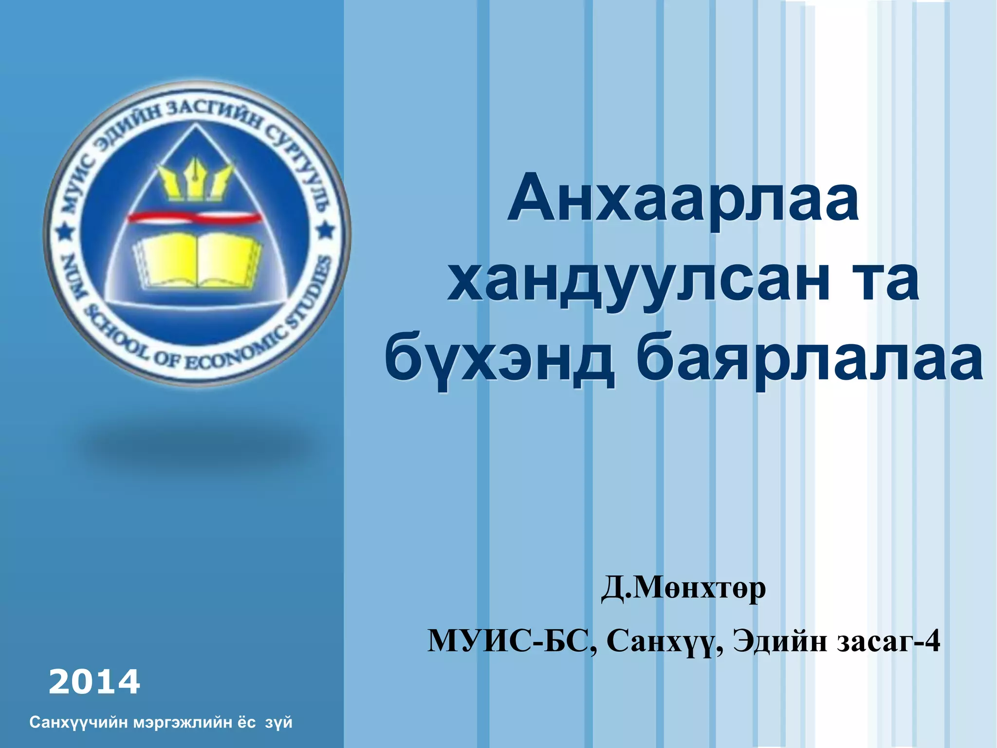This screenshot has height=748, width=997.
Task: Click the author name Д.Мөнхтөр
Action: tap(683, 589)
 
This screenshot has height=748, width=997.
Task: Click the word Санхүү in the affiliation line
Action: tap(662, 641)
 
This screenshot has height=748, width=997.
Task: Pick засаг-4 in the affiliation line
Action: tap(889, 641)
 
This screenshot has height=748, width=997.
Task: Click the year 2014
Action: tap(94, 682)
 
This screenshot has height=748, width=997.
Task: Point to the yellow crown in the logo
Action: tap(195, 180)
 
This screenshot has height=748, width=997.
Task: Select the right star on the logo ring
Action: tap(326, 230)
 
